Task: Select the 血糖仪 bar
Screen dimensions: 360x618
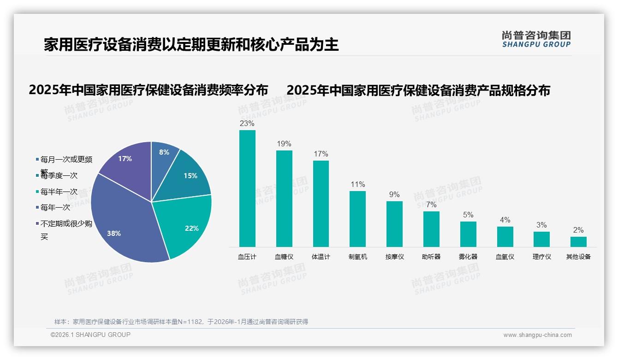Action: pos(284,198)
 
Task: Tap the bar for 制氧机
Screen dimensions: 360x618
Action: pos(357,219)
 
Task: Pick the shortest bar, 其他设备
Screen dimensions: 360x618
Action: pos(578,242)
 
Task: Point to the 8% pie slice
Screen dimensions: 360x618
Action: pos(163,155)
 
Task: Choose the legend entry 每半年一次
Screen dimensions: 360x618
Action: pos(59,192)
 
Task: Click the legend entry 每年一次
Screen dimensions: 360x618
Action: pos(55,208)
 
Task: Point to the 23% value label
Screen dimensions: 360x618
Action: pos(247,124)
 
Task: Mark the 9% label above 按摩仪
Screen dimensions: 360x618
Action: pos(394,195)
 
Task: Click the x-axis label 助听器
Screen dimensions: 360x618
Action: pos(431,257)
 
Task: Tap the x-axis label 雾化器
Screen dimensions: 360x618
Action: pos(468,257)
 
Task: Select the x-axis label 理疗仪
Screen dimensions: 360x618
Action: pos(541,257)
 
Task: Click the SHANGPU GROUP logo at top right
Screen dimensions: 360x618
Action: pos(536,39)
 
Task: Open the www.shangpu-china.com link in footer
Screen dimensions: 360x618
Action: pos(537,335)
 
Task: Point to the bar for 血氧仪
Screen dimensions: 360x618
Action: pos(505,237)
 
